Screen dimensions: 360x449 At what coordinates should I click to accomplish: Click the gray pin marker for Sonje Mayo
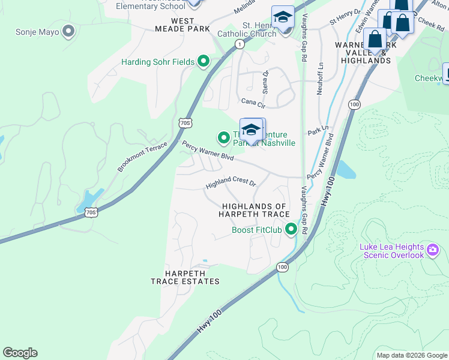pyautogui.click(x=68, y=31)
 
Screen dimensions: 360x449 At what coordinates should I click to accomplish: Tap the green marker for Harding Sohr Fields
pyautogui.click(x=203, y=61)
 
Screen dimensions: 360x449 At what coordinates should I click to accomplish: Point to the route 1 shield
pyautogui.click(x=240, y=44)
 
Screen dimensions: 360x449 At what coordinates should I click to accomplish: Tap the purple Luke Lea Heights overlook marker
pyautogui.click(x=432, y=248)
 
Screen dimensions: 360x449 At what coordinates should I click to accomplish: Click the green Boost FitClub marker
pyautogui.click(x=291, y=229)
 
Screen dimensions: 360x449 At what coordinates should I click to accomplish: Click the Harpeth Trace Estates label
pyautogui.click(x=185, y=277)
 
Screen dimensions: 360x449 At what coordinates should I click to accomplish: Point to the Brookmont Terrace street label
pyautogui.click(x=142, y=157)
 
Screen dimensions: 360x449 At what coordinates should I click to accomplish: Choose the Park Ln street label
pyautogui.click(x=318, y=130)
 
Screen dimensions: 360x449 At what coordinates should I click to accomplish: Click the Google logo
pyautogui.click(x=20, y=353)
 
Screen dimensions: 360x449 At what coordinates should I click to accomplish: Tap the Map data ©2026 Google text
pyautogui.click(x=412, y=355)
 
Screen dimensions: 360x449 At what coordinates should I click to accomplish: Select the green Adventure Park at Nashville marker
pyautogui.click(x=224, y=138)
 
